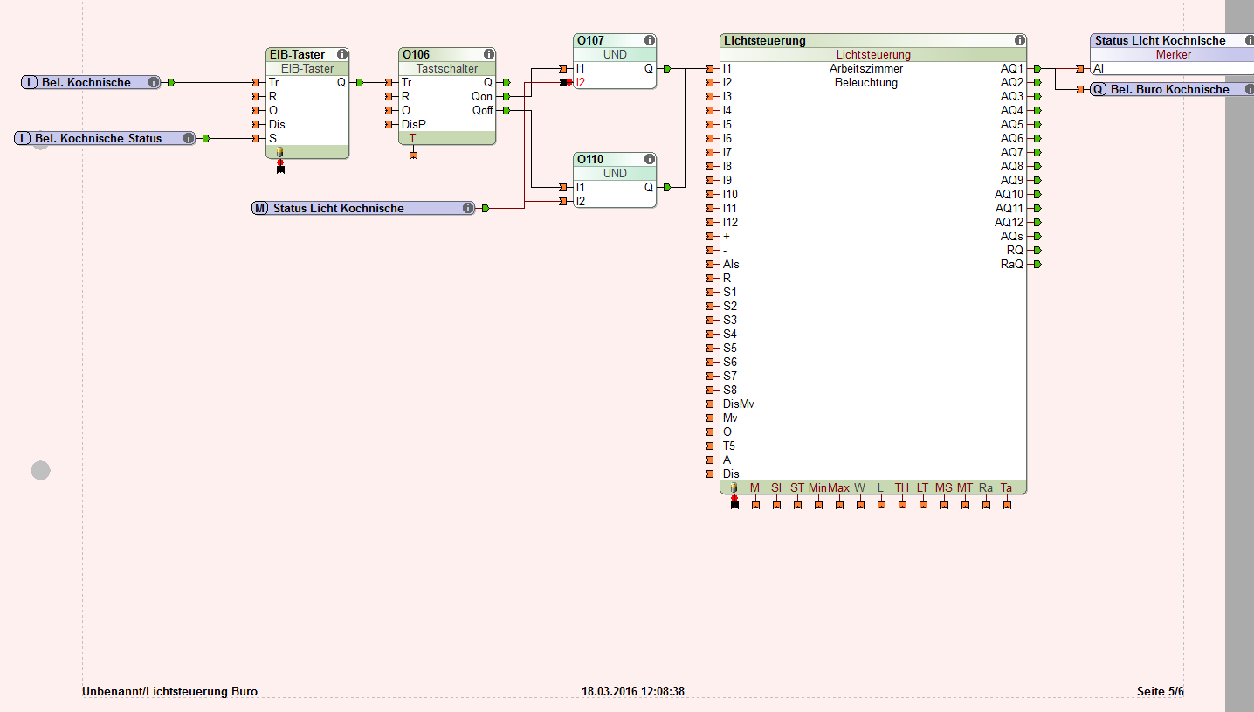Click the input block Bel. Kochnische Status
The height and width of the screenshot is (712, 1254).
pyautogui.click(x=98, y=138)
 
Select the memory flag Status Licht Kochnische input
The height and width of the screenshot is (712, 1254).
pyautogui.click(x=338, y=208)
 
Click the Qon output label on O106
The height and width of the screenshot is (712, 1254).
pyautogui.click(x=481, y=96)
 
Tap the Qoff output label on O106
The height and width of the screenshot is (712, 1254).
pyautogui.click(x=481, y=110)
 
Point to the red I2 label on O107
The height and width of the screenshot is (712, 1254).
pyautogui.click(x=581, y=82)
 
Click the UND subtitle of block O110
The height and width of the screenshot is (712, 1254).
pyautogui.click(x=615, y=173)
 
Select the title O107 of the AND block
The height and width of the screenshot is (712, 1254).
pyautogui.click(x=590, y=40)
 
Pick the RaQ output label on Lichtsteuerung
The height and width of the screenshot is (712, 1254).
pyautogui.click(x=1011, y=264)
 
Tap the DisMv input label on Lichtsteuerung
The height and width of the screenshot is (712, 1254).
pyautogui.click(x=738, y=404)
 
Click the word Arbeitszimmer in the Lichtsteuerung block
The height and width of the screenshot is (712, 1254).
pyautogui.click(x=865, y=68)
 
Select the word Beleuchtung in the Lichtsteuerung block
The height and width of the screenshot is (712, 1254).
pyautogui.click(x=865, y=82)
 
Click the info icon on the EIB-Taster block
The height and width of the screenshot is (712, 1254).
pyautogui.click(x=342, y=54)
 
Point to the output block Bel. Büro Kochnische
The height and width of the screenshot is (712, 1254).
pyautogui.click(x=1168, y=89)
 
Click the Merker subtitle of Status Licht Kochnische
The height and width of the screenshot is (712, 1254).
pyautogui.click(x=1173, y=54)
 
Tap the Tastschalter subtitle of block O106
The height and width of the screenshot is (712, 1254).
pyautogui.click(x=447, y=68)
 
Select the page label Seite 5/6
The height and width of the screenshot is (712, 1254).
pyautogui.click(x=1160, y=691)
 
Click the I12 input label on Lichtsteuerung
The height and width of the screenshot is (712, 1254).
pyautogui.click(x=730, y=222)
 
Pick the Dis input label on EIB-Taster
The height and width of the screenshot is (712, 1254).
pyautogui.click(x=277, y=124)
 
